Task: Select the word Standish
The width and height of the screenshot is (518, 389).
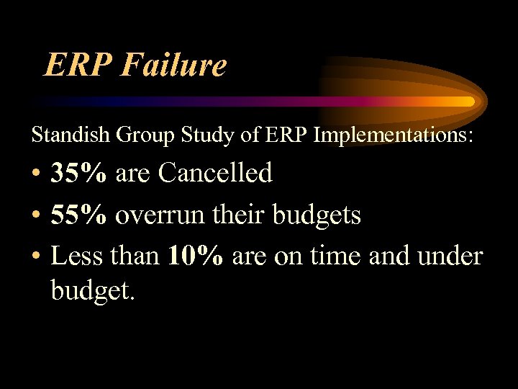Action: click(x=64, y=135)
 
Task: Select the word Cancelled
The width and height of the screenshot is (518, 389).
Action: click(x=216, y=173)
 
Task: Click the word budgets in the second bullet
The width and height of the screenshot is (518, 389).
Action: click(x=319, y=214)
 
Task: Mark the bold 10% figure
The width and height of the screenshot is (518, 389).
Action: click(x=195, y=255)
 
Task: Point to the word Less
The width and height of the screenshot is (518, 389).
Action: click(x=77, y=255)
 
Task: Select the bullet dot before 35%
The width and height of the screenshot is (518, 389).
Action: click(x=36, y=174)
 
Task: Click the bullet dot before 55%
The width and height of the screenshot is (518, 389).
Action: click(x=36, y=215)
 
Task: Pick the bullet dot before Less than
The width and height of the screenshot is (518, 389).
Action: click(x=36, y=256)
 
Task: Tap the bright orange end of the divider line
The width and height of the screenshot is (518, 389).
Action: click(x=468, y=102)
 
